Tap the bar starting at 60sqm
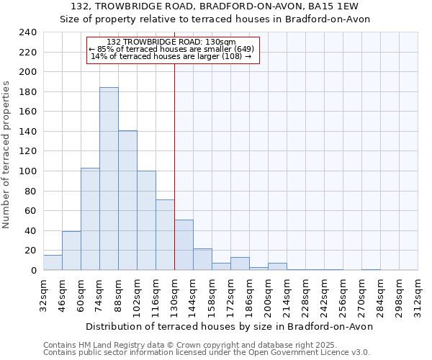(90, 219)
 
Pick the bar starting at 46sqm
(71, 251)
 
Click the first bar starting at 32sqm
(53, 263)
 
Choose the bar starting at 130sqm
(184, 245)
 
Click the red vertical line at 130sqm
(174, 166)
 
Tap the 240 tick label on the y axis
(28, 33)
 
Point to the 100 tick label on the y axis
(28, 171)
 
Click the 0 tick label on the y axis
(33, 271)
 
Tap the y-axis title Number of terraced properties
(6, 155)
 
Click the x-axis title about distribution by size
(230, 326)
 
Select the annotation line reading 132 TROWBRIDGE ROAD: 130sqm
(171, 42)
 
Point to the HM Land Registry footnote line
(194, 344)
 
